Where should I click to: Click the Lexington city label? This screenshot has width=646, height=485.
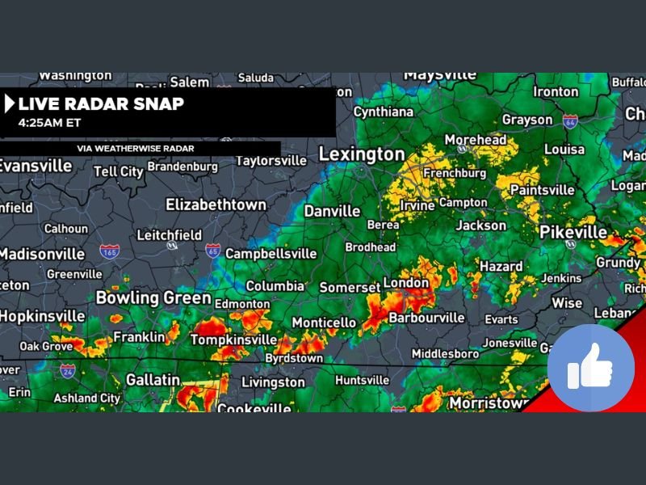click(x=362, y=154)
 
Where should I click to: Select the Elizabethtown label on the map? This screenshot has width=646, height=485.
click(x=216, y=205)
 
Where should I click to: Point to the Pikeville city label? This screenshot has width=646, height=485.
click(x=573, y=232)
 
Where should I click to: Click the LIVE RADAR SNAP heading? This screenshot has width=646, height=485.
click(x=101, y=103)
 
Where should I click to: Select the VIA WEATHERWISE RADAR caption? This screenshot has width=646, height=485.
click(x=136, y=149)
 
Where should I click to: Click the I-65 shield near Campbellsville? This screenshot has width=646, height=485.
click(x=212, y=251)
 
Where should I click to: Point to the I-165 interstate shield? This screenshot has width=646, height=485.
click(x=111, y=251)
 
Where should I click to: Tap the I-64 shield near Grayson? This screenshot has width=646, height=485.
click(x=570, y=121)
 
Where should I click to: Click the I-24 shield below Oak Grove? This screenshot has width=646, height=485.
click(x=68, y=371)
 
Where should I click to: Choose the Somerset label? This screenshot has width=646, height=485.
click(x=349, y=287)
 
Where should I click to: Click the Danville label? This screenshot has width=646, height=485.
click(x=332, y=211)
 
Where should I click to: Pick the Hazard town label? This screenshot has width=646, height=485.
click(x=501, y=266)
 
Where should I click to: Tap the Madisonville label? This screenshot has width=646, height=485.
click(x=40, y=253)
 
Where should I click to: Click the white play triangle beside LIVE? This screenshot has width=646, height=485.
click(x=10, y=103)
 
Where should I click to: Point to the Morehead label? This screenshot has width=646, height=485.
click(x=476, y=140)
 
